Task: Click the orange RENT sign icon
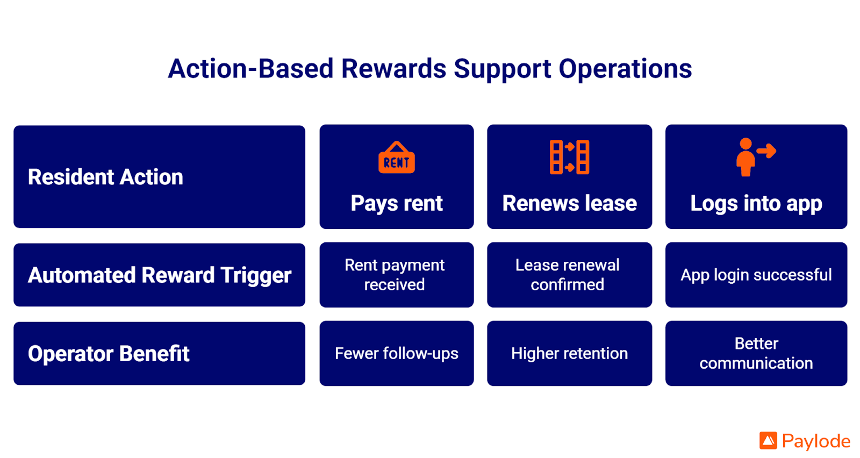click(x=397, y=158)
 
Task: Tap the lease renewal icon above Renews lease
click(x=569, y=157)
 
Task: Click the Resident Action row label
click(x=105, y=177)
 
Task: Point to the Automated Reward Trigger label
click(x=160, y=275)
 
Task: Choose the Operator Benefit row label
click(x=109, y=354)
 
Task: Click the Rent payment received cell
click(x=395, y=275)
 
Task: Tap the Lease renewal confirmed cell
click(x=568, y=275)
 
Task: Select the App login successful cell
click(x=756, y=275)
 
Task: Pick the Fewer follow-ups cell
click(x=397, y=353)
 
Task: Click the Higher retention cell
click(x=569, y=353)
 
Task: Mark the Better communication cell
click(x=756, y=353)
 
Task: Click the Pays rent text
click(x=397, y=204)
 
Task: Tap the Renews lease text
click(x=569, y=204)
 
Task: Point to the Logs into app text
click(x=756, y=204)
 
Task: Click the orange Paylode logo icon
click(x=768, y=441)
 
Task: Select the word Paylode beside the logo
click(x=816, y=441)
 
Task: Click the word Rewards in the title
click(x=393, y=69)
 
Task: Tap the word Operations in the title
click(x=625, y=69)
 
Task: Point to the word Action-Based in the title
click(x=251, y=69)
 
